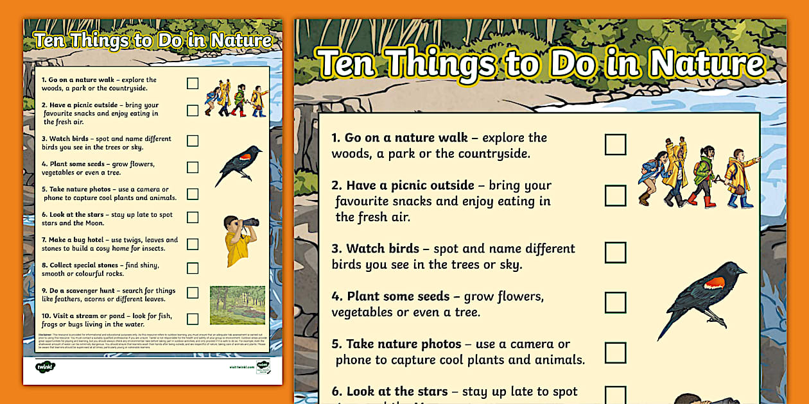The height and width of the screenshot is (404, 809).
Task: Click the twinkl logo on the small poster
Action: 46,367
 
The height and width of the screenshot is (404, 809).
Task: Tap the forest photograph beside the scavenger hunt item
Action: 237,305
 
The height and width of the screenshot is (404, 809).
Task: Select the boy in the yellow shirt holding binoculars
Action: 239,240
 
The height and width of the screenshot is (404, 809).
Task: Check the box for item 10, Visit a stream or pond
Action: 193,319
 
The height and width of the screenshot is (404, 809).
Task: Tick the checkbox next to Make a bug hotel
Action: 193,244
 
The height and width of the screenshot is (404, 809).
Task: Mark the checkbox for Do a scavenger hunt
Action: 193,293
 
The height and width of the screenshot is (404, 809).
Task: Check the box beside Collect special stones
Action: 193,268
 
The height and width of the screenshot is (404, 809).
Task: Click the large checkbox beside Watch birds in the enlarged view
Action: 615,252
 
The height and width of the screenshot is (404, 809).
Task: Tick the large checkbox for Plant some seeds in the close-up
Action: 615,302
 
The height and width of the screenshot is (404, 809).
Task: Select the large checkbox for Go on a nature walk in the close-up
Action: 615,144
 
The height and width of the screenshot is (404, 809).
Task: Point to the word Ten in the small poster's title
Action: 50,41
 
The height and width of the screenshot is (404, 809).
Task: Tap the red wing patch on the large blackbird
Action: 714,283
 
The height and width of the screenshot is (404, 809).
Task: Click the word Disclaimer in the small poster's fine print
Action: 45,334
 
